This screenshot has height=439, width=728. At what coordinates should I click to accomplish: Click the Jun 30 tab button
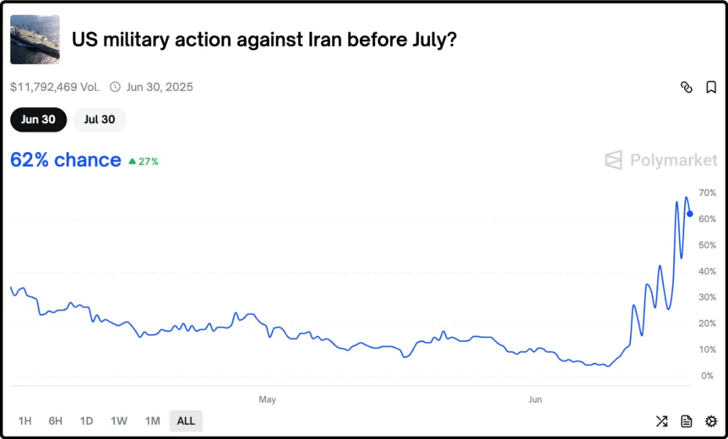[x=38, y=120]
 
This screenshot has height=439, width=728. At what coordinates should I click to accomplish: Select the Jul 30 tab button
[x=100, y=120]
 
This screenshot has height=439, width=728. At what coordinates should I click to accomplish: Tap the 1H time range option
[x=25, y=421]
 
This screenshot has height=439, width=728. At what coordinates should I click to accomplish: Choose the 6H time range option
[x=55, y=421]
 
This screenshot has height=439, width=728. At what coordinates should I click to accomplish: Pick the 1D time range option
[x=86, y=421]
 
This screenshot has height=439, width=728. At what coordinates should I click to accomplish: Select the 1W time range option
[x=119, y=421]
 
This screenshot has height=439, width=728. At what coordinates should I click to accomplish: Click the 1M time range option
[x=152, y=421]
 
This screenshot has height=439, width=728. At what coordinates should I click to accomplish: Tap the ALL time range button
[x=186, y=421]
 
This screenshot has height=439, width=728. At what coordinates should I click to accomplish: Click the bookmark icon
[x=711, y=88]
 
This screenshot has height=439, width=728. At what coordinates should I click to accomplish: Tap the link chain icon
[x=687, y=88]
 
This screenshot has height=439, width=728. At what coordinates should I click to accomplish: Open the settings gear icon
[x=711, y=421]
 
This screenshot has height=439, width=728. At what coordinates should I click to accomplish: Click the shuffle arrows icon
[x=661, y=421]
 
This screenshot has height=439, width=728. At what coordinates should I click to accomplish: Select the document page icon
[x=686, y=421]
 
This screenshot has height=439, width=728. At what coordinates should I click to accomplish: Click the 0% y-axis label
[x=708, y=376]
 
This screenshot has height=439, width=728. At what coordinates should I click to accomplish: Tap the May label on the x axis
[x=268, y=400]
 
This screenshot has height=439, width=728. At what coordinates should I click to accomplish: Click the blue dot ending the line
[x=690, y=214]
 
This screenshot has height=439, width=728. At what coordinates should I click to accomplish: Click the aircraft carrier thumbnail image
[x=35, y=40]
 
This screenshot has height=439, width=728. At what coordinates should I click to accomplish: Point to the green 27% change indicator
[x=144, y=162]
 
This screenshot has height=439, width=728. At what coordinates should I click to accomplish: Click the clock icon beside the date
[x=115, y=87]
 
